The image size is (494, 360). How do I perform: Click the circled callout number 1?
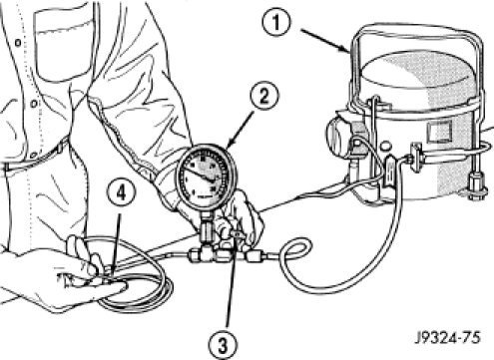coord(276,22)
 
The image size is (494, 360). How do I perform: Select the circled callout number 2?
coord(263,97)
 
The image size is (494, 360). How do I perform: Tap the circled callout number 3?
coord(224,344)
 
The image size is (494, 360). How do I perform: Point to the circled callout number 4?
coord(121,193)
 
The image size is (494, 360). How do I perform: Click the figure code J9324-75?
coord(448,338)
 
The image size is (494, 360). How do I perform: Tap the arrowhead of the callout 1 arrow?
coord(345,50)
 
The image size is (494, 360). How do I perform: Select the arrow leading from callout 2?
coord(240,129)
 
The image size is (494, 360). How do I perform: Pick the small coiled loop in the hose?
coord(297,252)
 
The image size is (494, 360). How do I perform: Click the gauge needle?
coord(199,174)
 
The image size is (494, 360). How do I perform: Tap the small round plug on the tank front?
coord(385,146)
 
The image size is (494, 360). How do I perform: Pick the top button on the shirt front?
coord(18,43)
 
